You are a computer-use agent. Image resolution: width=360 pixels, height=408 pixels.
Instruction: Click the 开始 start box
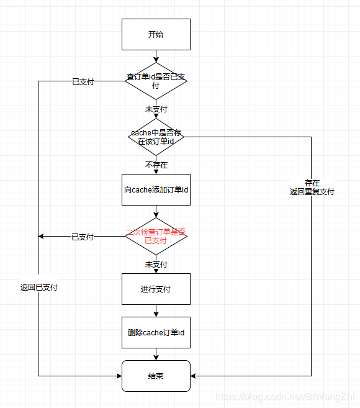156,34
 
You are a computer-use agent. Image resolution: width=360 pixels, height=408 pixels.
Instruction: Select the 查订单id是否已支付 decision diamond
156,81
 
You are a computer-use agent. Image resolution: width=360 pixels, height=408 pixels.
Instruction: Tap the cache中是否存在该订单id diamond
156,137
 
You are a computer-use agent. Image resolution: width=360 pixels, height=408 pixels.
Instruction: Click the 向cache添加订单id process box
156,189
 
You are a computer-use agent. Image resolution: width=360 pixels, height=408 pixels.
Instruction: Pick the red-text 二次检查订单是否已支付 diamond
156,236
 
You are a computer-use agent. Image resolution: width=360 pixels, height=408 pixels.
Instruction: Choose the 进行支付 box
156,289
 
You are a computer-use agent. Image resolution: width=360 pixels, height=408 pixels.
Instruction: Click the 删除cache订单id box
156,333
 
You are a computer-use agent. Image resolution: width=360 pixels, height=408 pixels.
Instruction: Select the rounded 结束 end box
156,376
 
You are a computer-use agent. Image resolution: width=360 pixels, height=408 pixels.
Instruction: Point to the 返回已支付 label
38,288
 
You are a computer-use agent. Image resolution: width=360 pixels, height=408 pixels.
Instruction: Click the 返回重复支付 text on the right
312,192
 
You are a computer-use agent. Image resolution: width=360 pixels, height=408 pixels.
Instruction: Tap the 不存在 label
156,165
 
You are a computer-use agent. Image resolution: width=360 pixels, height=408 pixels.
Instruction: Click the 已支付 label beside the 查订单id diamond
83,81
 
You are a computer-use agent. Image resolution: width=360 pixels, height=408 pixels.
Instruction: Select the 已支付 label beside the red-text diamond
83,237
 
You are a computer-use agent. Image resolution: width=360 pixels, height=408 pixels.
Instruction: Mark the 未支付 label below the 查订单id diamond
156,109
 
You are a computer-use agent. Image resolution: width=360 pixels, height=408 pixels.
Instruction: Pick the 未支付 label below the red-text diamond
156,264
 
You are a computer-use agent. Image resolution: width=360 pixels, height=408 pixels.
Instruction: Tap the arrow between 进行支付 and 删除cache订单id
156,311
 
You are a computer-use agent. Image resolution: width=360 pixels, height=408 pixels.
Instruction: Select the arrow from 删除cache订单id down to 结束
156,354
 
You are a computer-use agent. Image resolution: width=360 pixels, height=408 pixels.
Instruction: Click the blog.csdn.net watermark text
283,396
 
